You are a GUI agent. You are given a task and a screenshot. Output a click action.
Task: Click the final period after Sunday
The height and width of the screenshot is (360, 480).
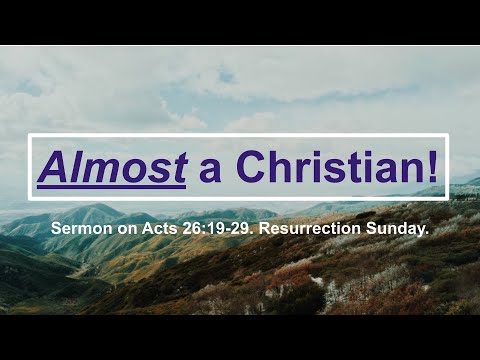pos(427,233)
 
